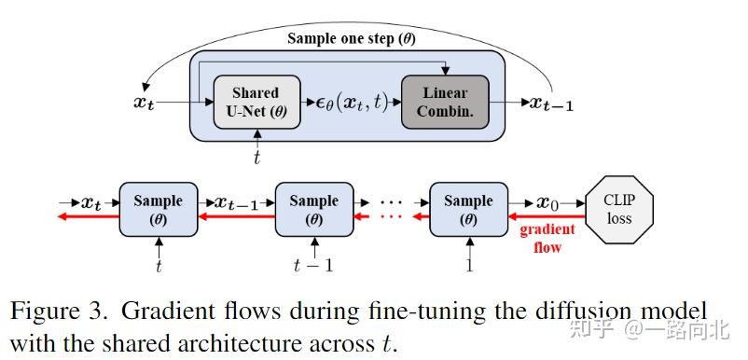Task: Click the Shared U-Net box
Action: (255, 102)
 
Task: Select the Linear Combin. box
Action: (445, 102)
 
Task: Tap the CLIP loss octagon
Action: (618, 210)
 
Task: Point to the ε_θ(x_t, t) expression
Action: (350, 103)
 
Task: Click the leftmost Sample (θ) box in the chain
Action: (158, 210)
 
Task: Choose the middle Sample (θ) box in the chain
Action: (313, 210)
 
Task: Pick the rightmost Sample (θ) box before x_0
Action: (468, 210)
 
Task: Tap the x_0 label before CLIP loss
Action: (547, 201)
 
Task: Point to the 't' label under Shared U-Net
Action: (256, 157)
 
